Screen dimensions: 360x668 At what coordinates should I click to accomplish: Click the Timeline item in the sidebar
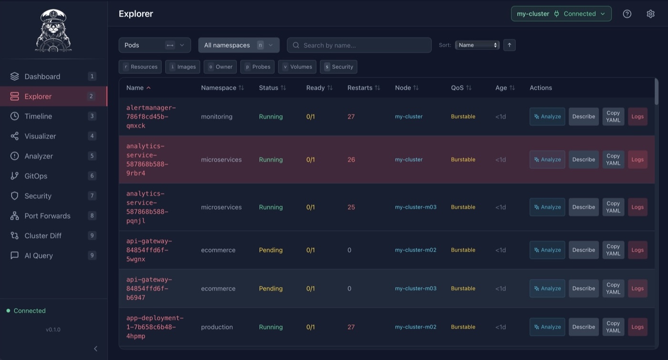[x=38, y=116]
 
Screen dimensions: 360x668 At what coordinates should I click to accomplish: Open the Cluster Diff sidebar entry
[x=43, y=236]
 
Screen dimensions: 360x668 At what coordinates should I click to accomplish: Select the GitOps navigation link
[x=36, y=176]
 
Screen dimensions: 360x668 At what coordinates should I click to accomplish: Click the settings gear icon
[x=650, y=14]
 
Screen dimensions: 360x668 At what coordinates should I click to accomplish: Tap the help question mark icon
[x=627, y=14]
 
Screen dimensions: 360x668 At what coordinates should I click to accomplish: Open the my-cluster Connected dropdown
[x=561, y=14]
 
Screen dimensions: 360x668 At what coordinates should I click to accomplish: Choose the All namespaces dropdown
[x=239, y=45]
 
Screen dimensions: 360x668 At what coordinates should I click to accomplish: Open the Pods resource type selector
[x=154, y=45]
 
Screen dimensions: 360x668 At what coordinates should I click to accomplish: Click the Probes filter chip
[x=257, y=67]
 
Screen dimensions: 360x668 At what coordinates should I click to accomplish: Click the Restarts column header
[x=364, y=88]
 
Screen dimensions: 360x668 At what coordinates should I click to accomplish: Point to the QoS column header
[x=461, y=88]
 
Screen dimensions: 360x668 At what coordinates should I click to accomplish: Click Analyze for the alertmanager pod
[x=547, y=116]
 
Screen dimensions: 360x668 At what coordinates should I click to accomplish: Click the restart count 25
[x=351, y=207]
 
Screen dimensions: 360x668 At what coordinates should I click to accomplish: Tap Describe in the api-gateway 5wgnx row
[x=583, y=250]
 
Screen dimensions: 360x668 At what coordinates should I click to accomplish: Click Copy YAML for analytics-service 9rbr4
[x=613, y=159]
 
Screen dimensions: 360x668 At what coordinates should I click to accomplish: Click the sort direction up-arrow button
[x=509, y=45]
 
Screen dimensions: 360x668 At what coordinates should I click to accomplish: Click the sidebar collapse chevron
[x=95, y=349]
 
